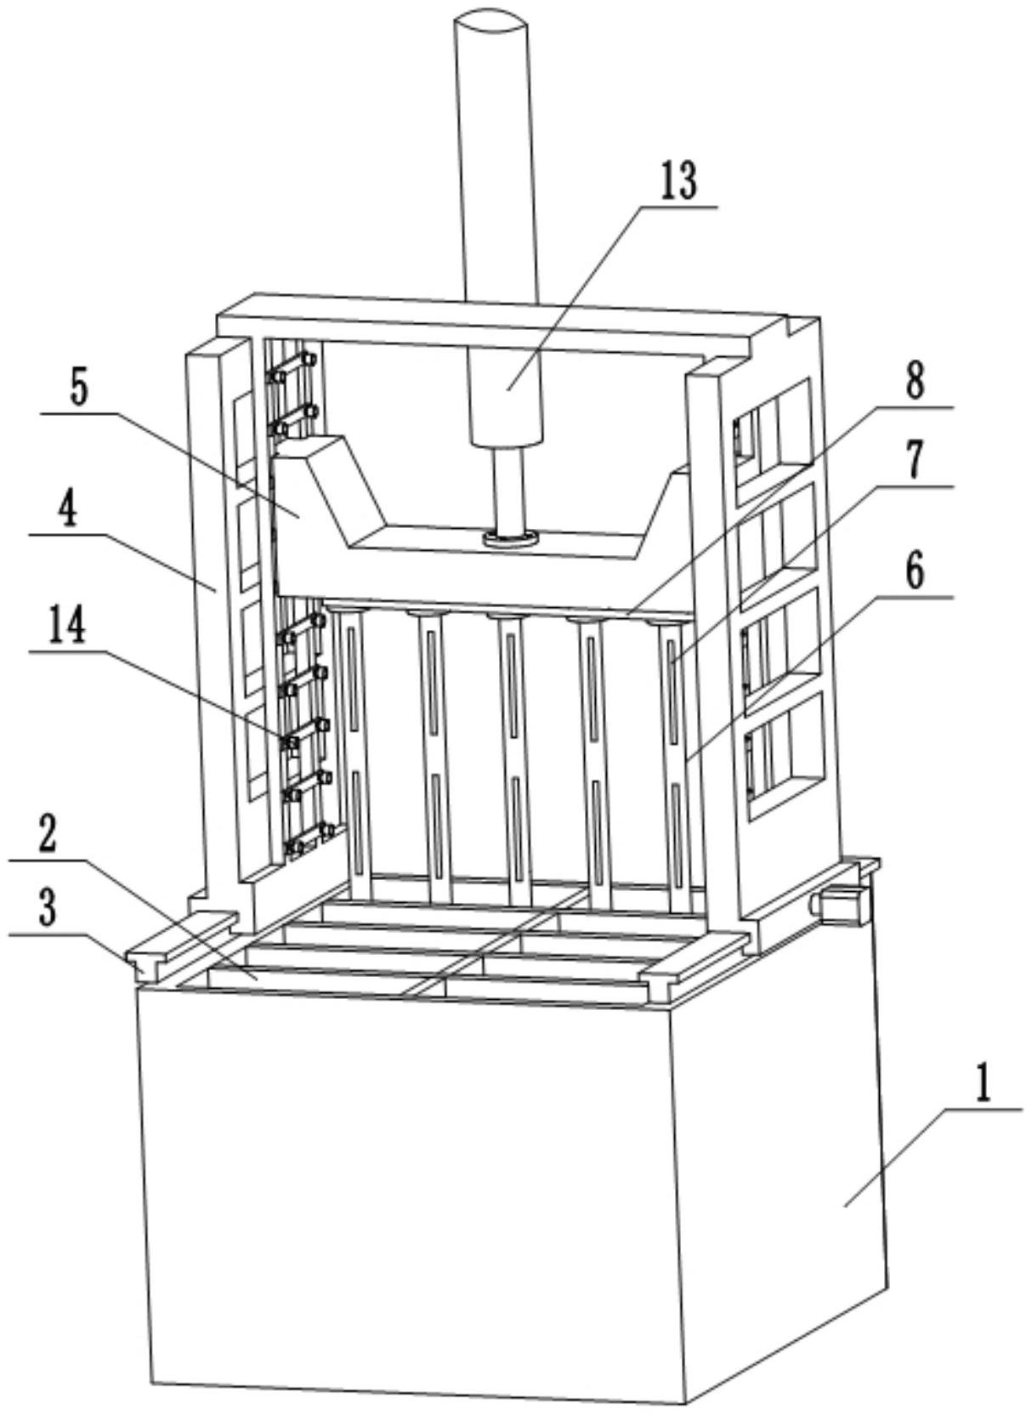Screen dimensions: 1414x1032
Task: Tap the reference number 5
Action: pyautogui.click(x=78, y=389)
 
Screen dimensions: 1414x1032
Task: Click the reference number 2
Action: pyautogui.click(x=47, y=837)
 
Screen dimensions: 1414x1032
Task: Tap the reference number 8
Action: pyautogui.click(x=915, y=382)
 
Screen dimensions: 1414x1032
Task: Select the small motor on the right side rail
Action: pyautogui.click(x=842, y=902)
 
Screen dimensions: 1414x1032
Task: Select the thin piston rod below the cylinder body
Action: pyautogui.click(x=508, y=489)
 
